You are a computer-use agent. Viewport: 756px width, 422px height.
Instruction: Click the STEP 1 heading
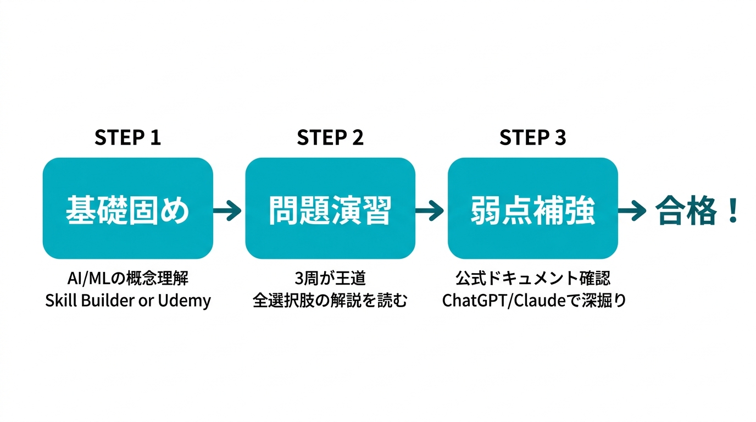click(x=127, y=137)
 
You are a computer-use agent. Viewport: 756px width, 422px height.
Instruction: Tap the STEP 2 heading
click(x=330, y=137)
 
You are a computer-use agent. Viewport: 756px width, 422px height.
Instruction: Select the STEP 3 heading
click(x=532, y=137)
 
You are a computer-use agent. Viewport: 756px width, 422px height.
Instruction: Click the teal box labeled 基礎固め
click(x=127, y=208)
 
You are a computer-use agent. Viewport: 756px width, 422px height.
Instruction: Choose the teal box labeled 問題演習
click(x=330, y=208)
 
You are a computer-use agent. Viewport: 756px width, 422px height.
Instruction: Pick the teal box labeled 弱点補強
click(x=532, y=208)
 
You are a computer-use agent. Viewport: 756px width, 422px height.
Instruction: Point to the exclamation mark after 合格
click(x=732, y=211)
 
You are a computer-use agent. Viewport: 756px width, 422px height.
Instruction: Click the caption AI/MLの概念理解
click(x=127, y=279)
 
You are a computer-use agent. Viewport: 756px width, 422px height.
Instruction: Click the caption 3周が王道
click(x=330, y=279)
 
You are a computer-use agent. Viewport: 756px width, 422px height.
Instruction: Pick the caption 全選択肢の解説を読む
click(x=330, y=301)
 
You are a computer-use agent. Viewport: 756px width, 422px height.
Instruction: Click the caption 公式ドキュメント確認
click(x=532, y=279)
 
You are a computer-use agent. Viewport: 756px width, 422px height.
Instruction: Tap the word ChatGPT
click(x=472, y=301)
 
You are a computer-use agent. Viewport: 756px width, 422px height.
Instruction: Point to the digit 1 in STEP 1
click(x=155, y=137)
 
